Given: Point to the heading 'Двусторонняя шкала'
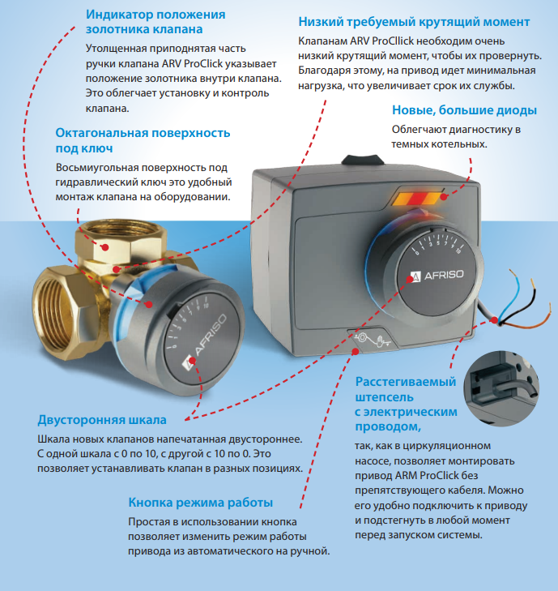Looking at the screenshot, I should tap(102, 420).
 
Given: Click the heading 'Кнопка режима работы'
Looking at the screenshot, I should tap(200, 503).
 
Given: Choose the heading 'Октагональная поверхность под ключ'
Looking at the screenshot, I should tap(143, 140).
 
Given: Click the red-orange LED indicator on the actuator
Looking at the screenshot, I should tap(420, 197).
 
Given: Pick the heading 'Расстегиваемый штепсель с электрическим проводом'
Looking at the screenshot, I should tap(406, 404).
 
